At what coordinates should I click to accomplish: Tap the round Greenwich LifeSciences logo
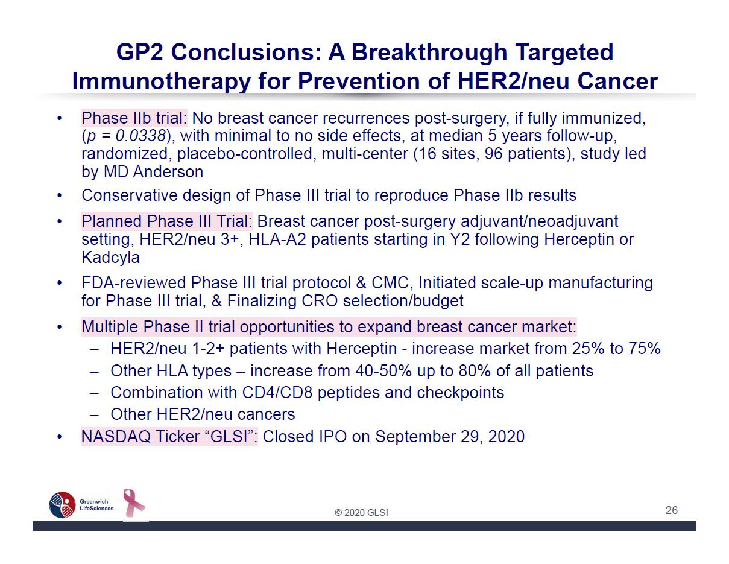[62, 505]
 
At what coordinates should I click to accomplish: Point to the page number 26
[671, 510]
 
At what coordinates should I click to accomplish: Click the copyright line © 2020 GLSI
[361, 512]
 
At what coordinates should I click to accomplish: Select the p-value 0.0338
[140, 136]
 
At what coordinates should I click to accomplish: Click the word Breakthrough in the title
[429, 52]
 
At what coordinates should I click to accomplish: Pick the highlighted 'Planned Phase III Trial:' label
[167, 221]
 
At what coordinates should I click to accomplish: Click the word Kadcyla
[110, 258]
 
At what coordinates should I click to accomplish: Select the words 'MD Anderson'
[153, 172]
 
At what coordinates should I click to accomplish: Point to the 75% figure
[645, 348]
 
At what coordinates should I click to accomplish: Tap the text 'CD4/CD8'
[277, 393]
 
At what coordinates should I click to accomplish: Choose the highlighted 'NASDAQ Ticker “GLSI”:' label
[169, 437]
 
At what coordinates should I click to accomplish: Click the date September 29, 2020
[450, 437]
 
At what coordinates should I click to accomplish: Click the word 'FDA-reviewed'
[134, 282]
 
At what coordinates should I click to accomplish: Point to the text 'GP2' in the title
[139, 52]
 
